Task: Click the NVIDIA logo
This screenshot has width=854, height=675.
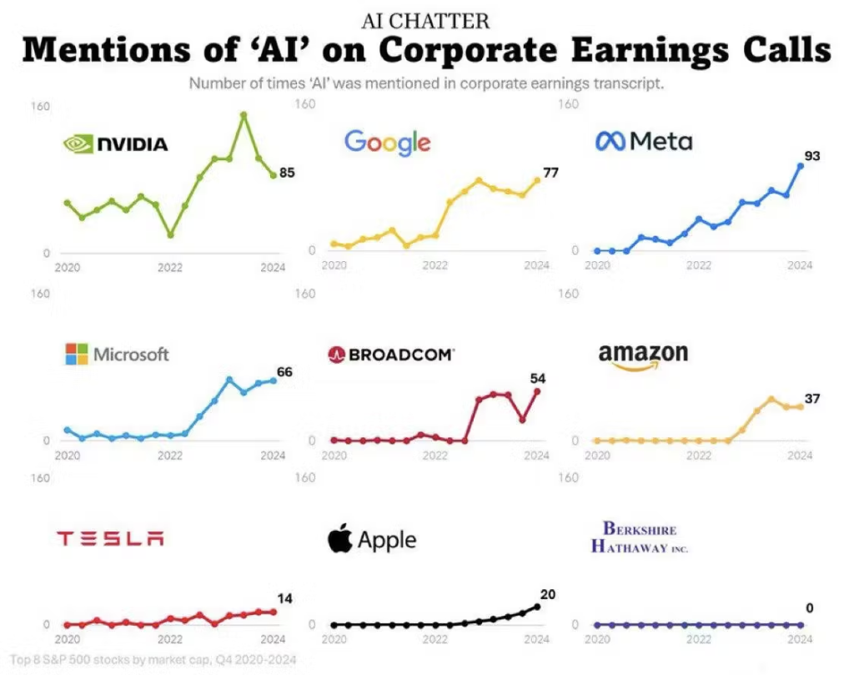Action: click(x=116, y=144)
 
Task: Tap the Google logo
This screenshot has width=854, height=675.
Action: click(x=387, y=142)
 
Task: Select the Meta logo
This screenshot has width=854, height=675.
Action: click(x=644, y=141)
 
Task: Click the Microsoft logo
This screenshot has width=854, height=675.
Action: click(x=117, y=354)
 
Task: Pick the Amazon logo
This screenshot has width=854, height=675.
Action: click(x=643, y=355)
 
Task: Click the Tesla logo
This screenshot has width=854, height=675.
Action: click(x=110, y=538)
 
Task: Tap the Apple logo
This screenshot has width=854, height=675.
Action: click(x=372, y=540)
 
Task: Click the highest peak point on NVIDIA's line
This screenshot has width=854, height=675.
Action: click(x=244, y=115)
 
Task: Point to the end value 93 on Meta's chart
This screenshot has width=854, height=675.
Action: click(x=812, y=156)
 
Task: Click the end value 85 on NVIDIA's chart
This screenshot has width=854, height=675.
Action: click(x=287, y=173)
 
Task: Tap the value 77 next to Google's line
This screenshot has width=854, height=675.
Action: click(x=550, y=173)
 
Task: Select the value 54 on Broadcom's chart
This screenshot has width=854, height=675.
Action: click(x=537, y=378)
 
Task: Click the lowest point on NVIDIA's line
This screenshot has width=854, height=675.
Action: click(x=170, y=234)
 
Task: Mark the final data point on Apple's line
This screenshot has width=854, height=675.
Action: click(x=537, y=607)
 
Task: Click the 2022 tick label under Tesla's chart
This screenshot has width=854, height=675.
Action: click(x=169, y=640)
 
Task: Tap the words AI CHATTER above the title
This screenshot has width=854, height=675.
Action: click(x=426, y=20)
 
